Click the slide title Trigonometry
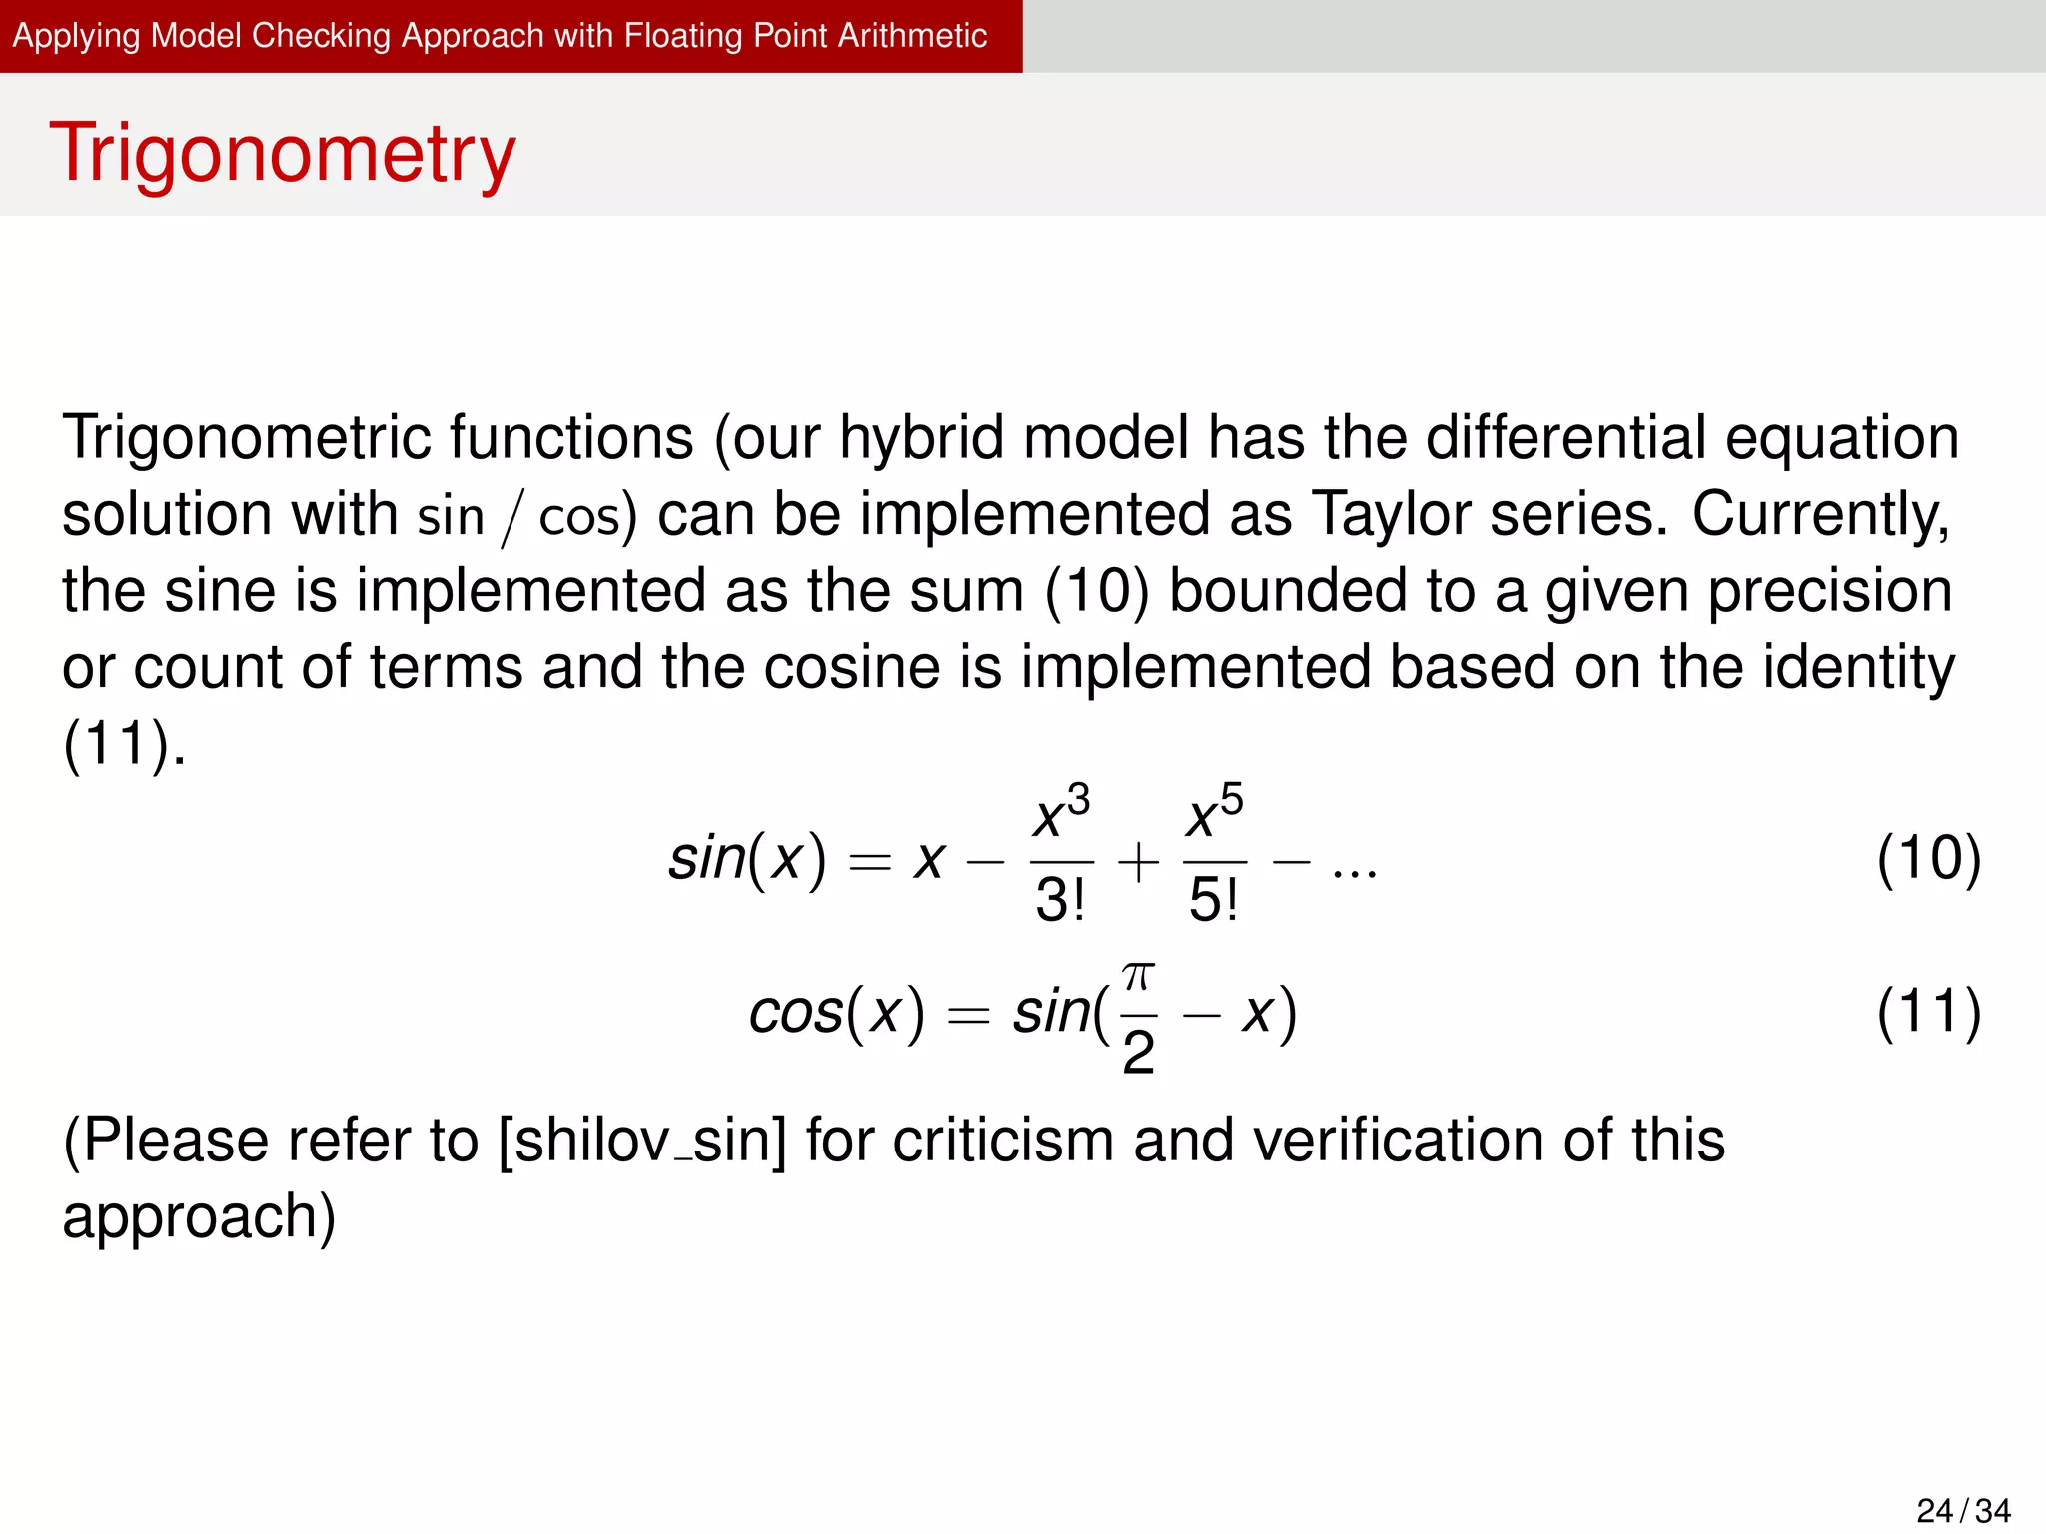(x=283, y=153)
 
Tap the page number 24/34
(x=1963, y=1510)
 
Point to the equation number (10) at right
(x=1928, y=858)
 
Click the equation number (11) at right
(x=1928, y=1012)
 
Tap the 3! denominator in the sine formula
(x=1060, y=899)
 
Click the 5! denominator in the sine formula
(x=1214, y=899)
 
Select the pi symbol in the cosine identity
(x=1138, y=975)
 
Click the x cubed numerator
(x=1061, y=812)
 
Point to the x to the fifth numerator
(x=1215, y=812)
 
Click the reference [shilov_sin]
(x=642, y=1141)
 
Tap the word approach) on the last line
(x=199, y=1217)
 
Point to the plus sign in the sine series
(x=1138, y=861)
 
